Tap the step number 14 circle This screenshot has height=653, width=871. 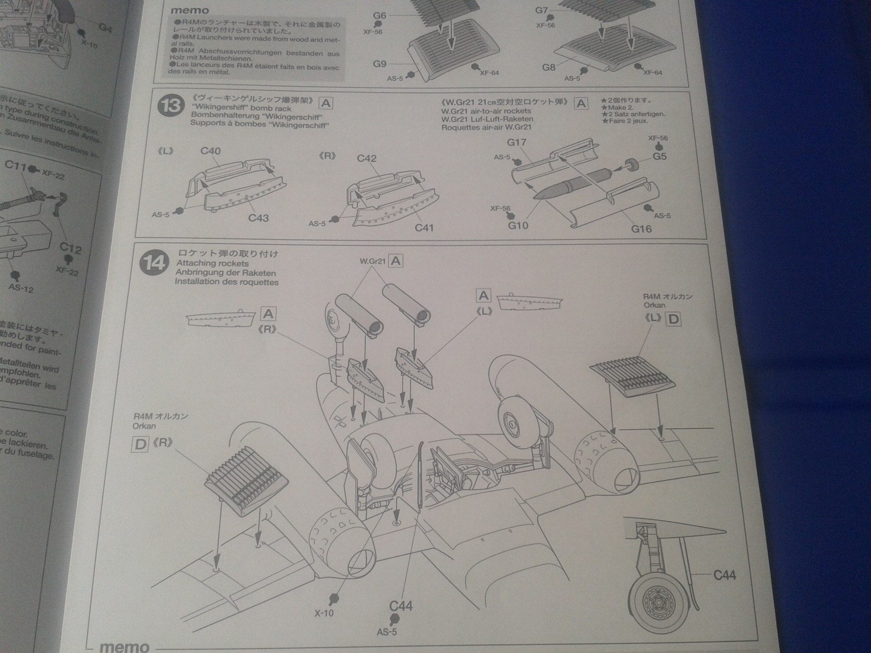(x=154, y=263)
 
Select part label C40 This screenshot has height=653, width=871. (x=210, y=151)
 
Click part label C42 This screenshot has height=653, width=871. (x=367, y=158)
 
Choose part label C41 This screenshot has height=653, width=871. (x=424, y=227)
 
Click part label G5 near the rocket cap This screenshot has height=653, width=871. (x=659, y=156)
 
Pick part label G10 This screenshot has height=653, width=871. (x=518, y=225)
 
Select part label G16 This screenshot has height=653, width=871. (x=641, y=229)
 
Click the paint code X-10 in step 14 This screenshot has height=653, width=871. (x=324, y=613)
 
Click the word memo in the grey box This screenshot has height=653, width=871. (x=189, y=10)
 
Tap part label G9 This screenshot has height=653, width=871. (x=379, y=64)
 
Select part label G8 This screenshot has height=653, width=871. (x=549, y=67)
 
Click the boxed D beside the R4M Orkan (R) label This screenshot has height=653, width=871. (x=140, y=444)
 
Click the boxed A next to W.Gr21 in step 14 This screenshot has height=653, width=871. (x=396, y=261)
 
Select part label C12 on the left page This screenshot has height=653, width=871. (x=71, y=249)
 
